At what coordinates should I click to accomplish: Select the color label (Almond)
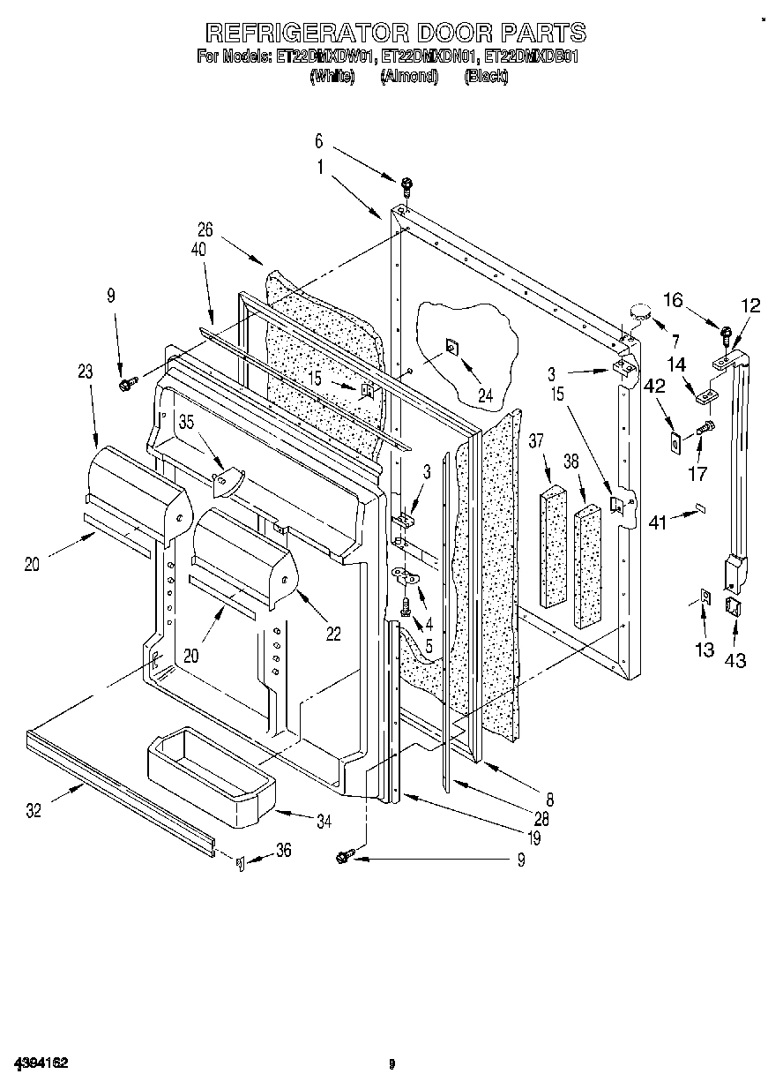click(409, 77)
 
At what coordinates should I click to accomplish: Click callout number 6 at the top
click(319, 141)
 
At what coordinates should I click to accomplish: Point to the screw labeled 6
click(406, 185)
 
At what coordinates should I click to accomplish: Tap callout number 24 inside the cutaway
click(486, 396)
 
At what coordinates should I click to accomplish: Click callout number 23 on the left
click(85, 372)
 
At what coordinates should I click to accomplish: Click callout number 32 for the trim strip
click(34, 811)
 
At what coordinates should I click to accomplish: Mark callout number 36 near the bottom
click(283, 850)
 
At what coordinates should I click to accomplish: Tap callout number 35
click(187, 421)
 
